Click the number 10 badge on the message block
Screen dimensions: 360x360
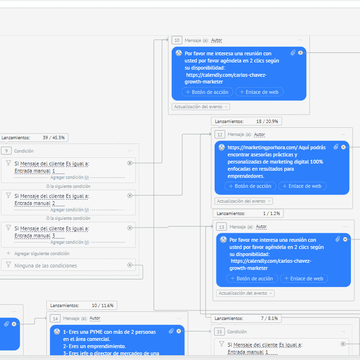click(177, 41)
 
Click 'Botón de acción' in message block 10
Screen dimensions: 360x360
click(207, 92)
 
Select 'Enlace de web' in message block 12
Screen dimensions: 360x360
click(302, 186)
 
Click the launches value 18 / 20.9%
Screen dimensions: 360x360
click(267, 122)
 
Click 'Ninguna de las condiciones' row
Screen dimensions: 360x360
click(45, 266)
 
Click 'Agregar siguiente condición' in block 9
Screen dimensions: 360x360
click(41, 254)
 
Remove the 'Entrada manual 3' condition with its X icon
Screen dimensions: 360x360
click(130, 228)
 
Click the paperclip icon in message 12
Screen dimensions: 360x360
click(336, 147)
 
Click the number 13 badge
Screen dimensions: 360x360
click(222, 227)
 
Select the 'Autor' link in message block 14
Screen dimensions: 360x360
click(95, 318)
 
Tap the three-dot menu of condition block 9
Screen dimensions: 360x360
click(130, 151)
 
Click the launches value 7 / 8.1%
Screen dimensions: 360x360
click(269, 318)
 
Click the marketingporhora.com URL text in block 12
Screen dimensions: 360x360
click(262, 148)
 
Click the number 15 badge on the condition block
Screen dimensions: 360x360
click(219, 331)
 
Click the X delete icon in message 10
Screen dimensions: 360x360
click(300, 53)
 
